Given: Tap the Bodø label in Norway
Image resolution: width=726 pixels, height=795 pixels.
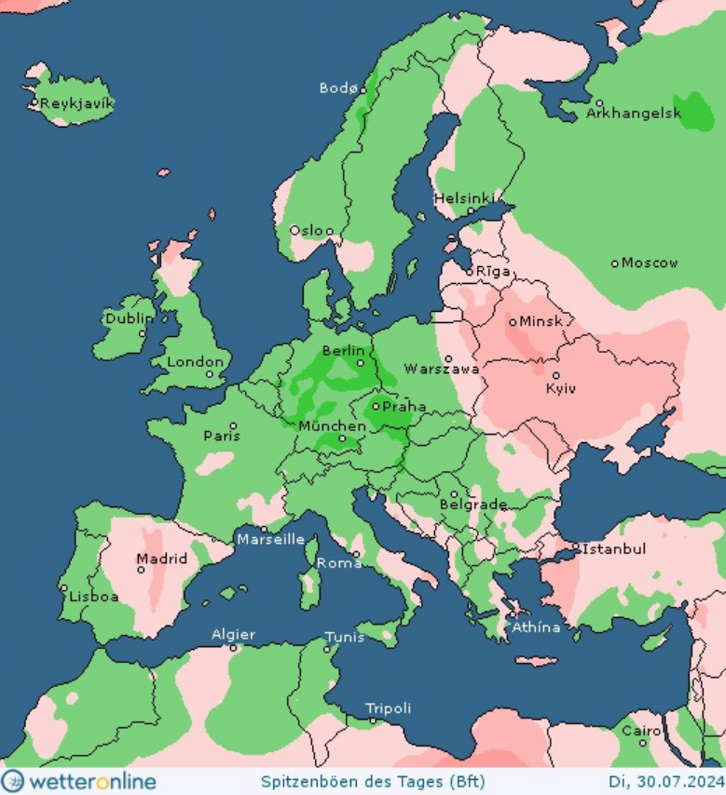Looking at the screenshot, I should point(337,88).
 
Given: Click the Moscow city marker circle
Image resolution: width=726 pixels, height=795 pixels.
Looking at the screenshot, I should point(614,263).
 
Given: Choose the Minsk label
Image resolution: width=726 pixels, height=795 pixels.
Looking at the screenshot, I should point(542,321).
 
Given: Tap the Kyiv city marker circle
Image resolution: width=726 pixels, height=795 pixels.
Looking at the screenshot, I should point(556,376).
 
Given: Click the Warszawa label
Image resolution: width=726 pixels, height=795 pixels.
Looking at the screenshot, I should point(442,370).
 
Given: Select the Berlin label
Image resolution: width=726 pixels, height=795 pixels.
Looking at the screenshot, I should point(340,350).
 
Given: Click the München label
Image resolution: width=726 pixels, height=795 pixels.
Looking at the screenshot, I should point(325,426).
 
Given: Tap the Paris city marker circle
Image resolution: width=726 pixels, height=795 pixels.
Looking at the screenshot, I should point(234,426).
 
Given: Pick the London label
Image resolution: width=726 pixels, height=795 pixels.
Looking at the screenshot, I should point(196,362).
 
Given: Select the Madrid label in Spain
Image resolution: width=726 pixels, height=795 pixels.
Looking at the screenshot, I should point(161,559).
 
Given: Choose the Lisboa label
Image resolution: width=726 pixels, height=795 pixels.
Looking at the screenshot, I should point(92,597).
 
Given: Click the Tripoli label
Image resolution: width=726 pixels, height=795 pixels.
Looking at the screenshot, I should point(388,708).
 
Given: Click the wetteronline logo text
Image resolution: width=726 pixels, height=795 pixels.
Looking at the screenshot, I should point(90,780).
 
